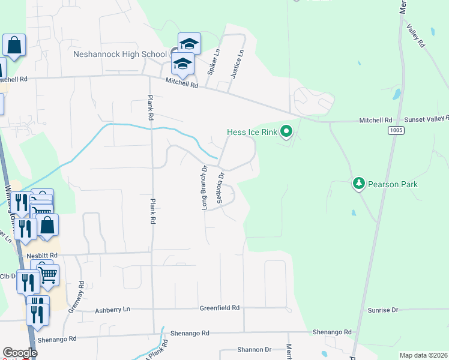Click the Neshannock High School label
(x=119, y=54)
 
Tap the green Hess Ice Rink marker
(x=287, y=131)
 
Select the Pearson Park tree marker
(x=359, y=183)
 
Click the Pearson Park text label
(x=392, y=184)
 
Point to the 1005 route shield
(x=396, y=130)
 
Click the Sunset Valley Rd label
(x=426, y=119)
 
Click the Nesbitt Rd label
(x=41, y=255)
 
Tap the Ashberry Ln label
(x=113, y=310)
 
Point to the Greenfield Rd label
(x=220, y=308)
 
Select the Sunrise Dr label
(x=382, y=310)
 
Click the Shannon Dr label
(x=255, y=349)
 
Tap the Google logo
(x=20, y=353)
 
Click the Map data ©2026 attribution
(x=423, y=355)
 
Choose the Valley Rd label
(x=415, y=35)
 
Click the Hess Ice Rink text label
(x=253, y=132)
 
